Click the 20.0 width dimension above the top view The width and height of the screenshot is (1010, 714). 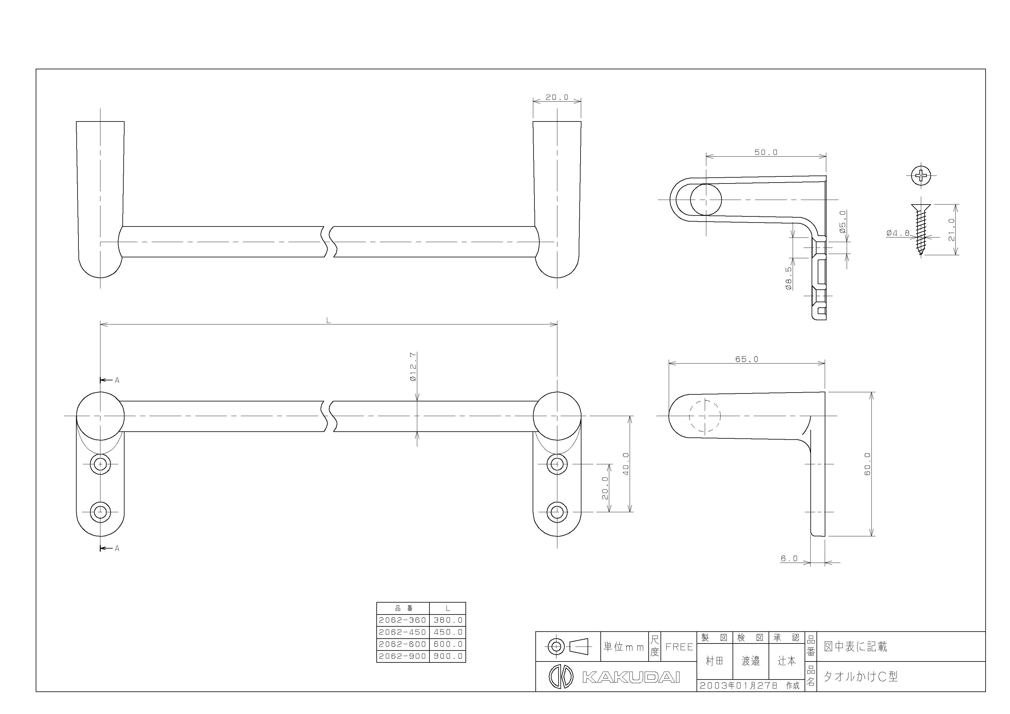click(557, 97)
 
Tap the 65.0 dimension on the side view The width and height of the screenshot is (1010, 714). click(747, 359)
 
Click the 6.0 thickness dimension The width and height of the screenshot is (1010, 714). click(789, 558)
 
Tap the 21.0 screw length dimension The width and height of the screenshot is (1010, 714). click(951, 230)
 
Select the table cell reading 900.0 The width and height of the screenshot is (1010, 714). click(448, 656)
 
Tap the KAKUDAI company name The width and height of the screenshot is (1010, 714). click(631, 677)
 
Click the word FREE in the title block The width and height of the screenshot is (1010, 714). click(679, 647)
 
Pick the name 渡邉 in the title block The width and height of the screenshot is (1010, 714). click(751, 661)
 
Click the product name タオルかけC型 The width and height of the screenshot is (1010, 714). click(860, 676)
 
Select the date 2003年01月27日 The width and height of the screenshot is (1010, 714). click(739, 685)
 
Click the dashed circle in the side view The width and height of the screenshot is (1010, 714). click(705, 416)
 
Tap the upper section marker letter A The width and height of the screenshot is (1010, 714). click(117, 380)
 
